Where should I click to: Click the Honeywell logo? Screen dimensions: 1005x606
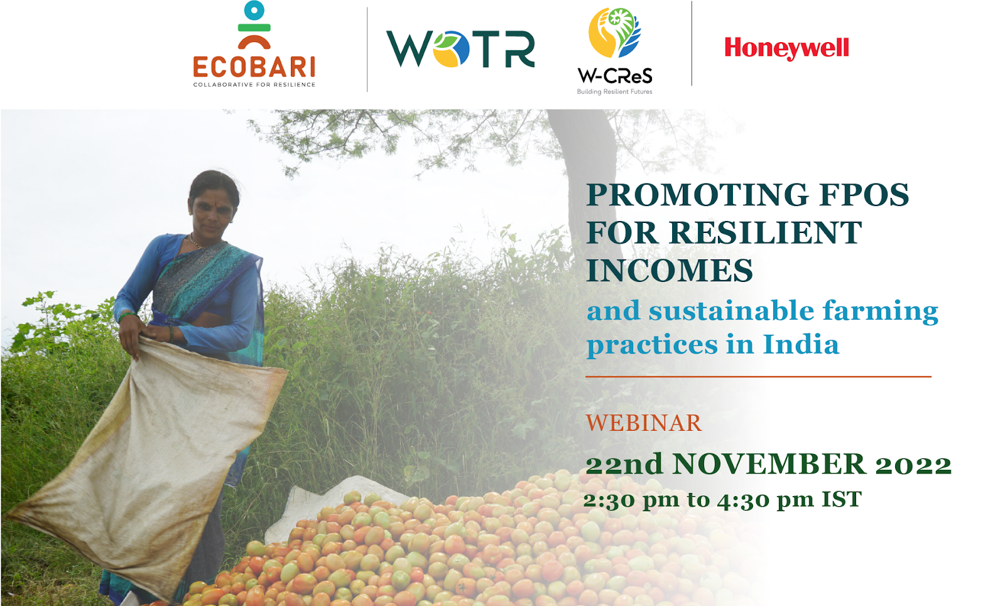[786, 48]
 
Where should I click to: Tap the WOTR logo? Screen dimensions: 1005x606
[461, 49]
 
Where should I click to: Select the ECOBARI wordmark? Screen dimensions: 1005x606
[254, 67]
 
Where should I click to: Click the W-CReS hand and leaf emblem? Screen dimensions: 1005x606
[615, 33]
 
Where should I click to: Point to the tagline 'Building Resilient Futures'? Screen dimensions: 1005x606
[614, 92]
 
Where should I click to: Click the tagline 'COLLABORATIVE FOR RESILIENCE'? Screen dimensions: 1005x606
[254, 84]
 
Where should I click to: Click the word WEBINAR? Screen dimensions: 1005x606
[644, 423]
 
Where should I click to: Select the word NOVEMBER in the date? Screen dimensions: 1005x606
[769, 464]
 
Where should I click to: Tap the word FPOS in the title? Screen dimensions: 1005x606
[864, 195]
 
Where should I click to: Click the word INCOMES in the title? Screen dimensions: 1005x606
[670, 270]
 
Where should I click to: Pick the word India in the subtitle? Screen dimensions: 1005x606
[801, 345]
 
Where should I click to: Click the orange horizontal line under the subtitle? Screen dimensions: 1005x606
[758, 377]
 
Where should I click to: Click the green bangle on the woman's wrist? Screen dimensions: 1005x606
[126, 317]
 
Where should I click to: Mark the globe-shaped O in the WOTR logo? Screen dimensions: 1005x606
[451, 49]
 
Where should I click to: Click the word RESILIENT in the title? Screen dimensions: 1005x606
[766, 232]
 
